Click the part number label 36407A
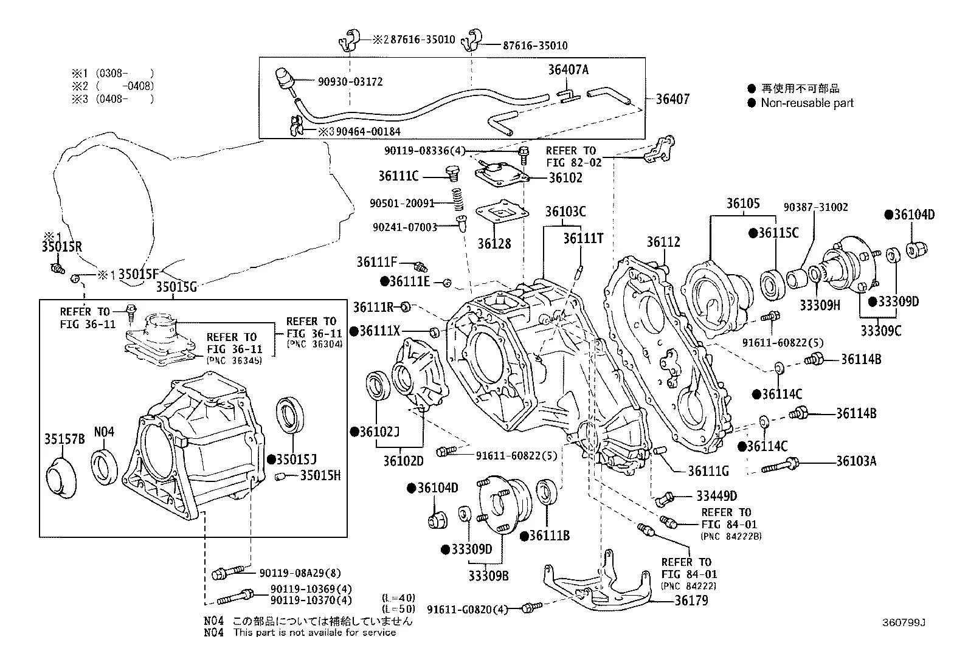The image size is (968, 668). tap(568, 70)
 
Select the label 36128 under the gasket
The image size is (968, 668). tap(494, 243)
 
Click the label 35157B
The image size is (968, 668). tap(64, 439)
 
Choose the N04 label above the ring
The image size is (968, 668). tap(104, 432)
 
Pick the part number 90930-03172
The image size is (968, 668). tap(350, 81)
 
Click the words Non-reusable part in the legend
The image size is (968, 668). tap(807, 103)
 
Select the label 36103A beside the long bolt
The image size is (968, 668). tap(856, 461)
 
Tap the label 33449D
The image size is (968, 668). tap(716, 497)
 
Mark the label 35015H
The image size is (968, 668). tap(320, 475)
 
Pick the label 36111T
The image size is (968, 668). tap(583, 238)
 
